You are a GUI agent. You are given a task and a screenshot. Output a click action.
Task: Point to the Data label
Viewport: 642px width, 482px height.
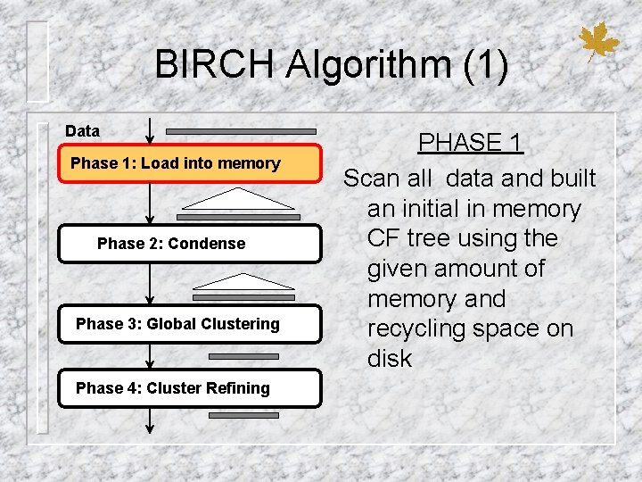(83, 131)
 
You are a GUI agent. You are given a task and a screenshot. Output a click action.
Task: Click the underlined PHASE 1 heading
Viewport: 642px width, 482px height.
(470, 143)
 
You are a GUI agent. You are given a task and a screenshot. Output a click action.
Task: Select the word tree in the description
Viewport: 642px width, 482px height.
(431, 239)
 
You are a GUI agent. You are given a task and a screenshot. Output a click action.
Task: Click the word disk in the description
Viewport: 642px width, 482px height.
(390, 359)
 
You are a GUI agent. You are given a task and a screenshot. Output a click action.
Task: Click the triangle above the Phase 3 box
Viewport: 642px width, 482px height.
(243, 279)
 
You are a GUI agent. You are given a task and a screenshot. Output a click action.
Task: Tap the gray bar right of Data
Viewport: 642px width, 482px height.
(240, 132)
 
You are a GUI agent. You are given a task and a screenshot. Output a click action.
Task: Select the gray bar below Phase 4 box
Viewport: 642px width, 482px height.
(243, 415)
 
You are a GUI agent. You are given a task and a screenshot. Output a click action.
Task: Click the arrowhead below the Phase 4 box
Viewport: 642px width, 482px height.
(150, 428)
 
